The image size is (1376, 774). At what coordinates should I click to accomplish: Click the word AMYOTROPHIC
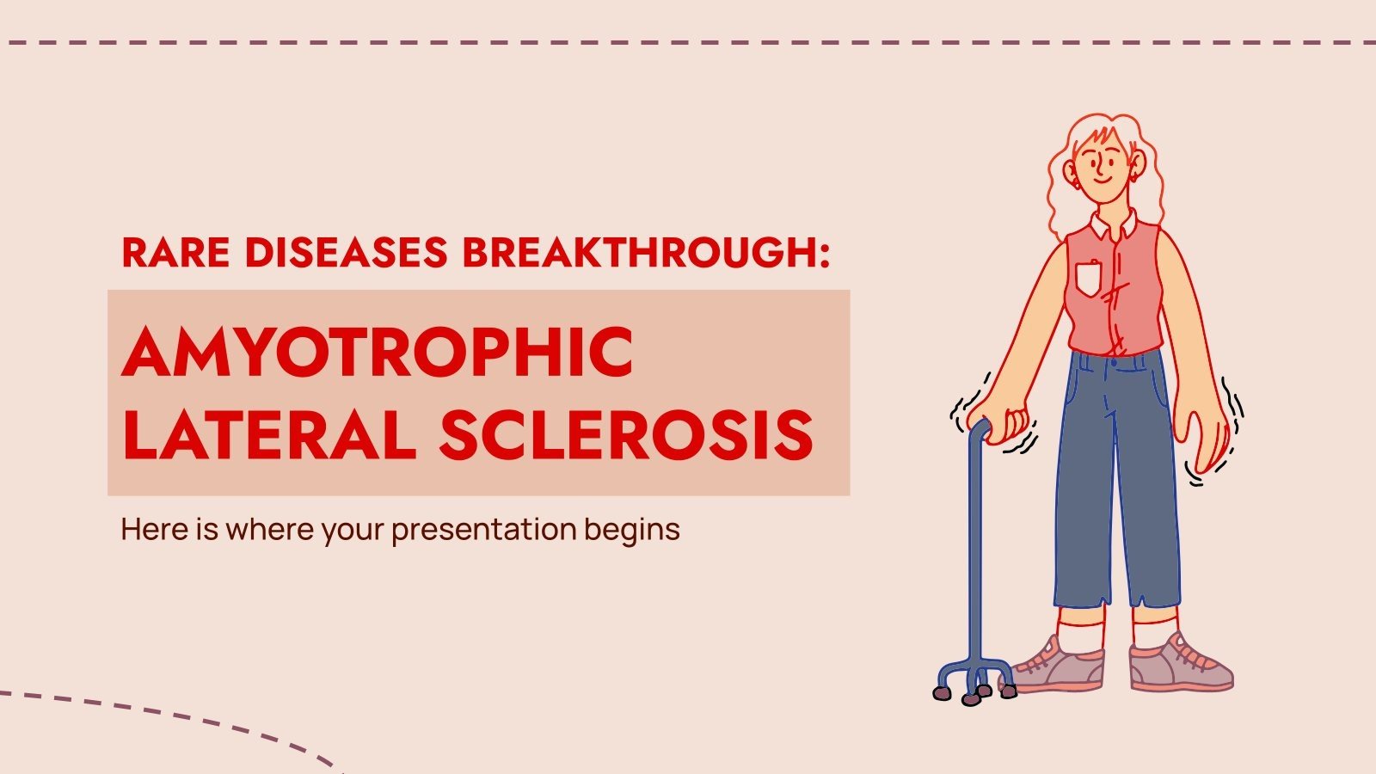[x=378, y=353]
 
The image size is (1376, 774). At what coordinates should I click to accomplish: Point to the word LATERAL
[x=269, y=434]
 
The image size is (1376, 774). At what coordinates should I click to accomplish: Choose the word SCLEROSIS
[x=626, y=434]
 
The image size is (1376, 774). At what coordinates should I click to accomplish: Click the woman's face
[x=1103, y=163]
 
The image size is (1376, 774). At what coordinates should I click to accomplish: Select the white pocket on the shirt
[x=1089, y=278]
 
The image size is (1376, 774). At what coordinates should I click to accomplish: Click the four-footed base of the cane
[x=975, y=679]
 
